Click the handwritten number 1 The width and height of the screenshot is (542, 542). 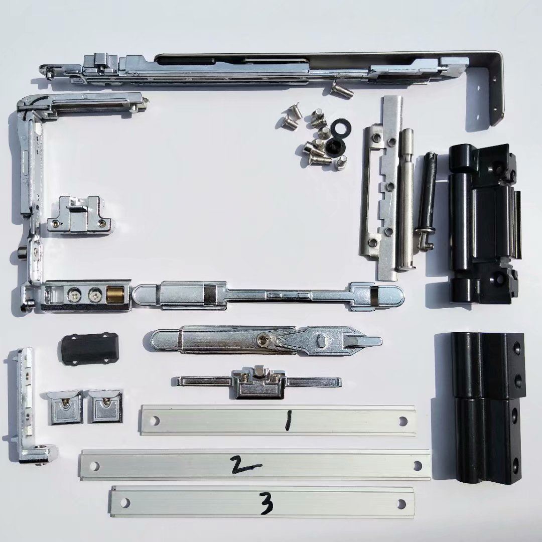(x=288, y=421)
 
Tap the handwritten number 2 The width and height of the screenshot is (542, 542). (x=246, y=465)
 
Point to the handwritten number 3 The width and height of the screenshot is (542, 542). (x=265, y=504)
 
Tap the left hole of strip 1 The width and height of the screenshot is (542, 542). (x=155, y=421)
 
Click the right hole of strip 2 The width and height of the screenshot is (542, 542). (x=418, y=465)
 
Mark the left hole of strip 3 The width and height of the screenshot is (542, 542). (x=125, y=503)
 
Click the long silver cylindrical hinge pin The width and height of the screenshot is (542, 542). (x=407, y=198)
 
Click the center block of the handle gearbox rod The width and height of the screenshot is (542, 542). (x=259, y=381)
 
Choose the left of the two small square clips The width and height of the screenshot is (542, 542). (x=65, y=407)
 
